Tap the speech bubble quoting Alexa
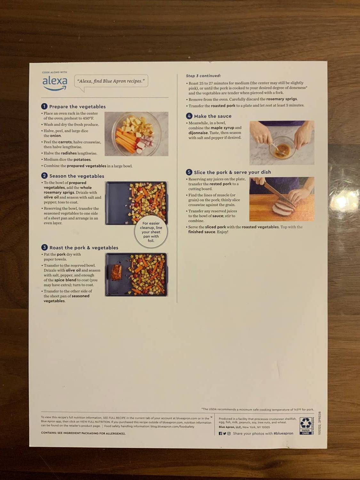click(111, 81)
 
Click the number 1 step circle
click(44, 107)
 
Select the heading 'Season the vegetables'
click(77, 176)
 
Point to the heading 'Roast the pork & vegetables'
click(84, 248)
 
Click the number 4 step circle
click(189, 116)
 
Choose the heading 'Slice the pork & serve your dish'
click(232, 172)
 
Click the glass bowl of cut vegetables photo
click(136, 133)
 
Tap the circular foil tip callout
click(151, 232)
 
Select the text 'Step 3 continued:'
click(204, 76)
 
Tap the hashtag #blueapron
click(283, 433)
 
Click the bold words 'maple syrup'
click(222, 128)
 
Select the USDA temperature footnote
click(257, 409)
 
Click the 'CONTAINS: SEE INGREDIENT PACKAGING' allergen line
click(83, 433)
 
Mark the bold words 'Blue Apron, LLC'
click(230, 427)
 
